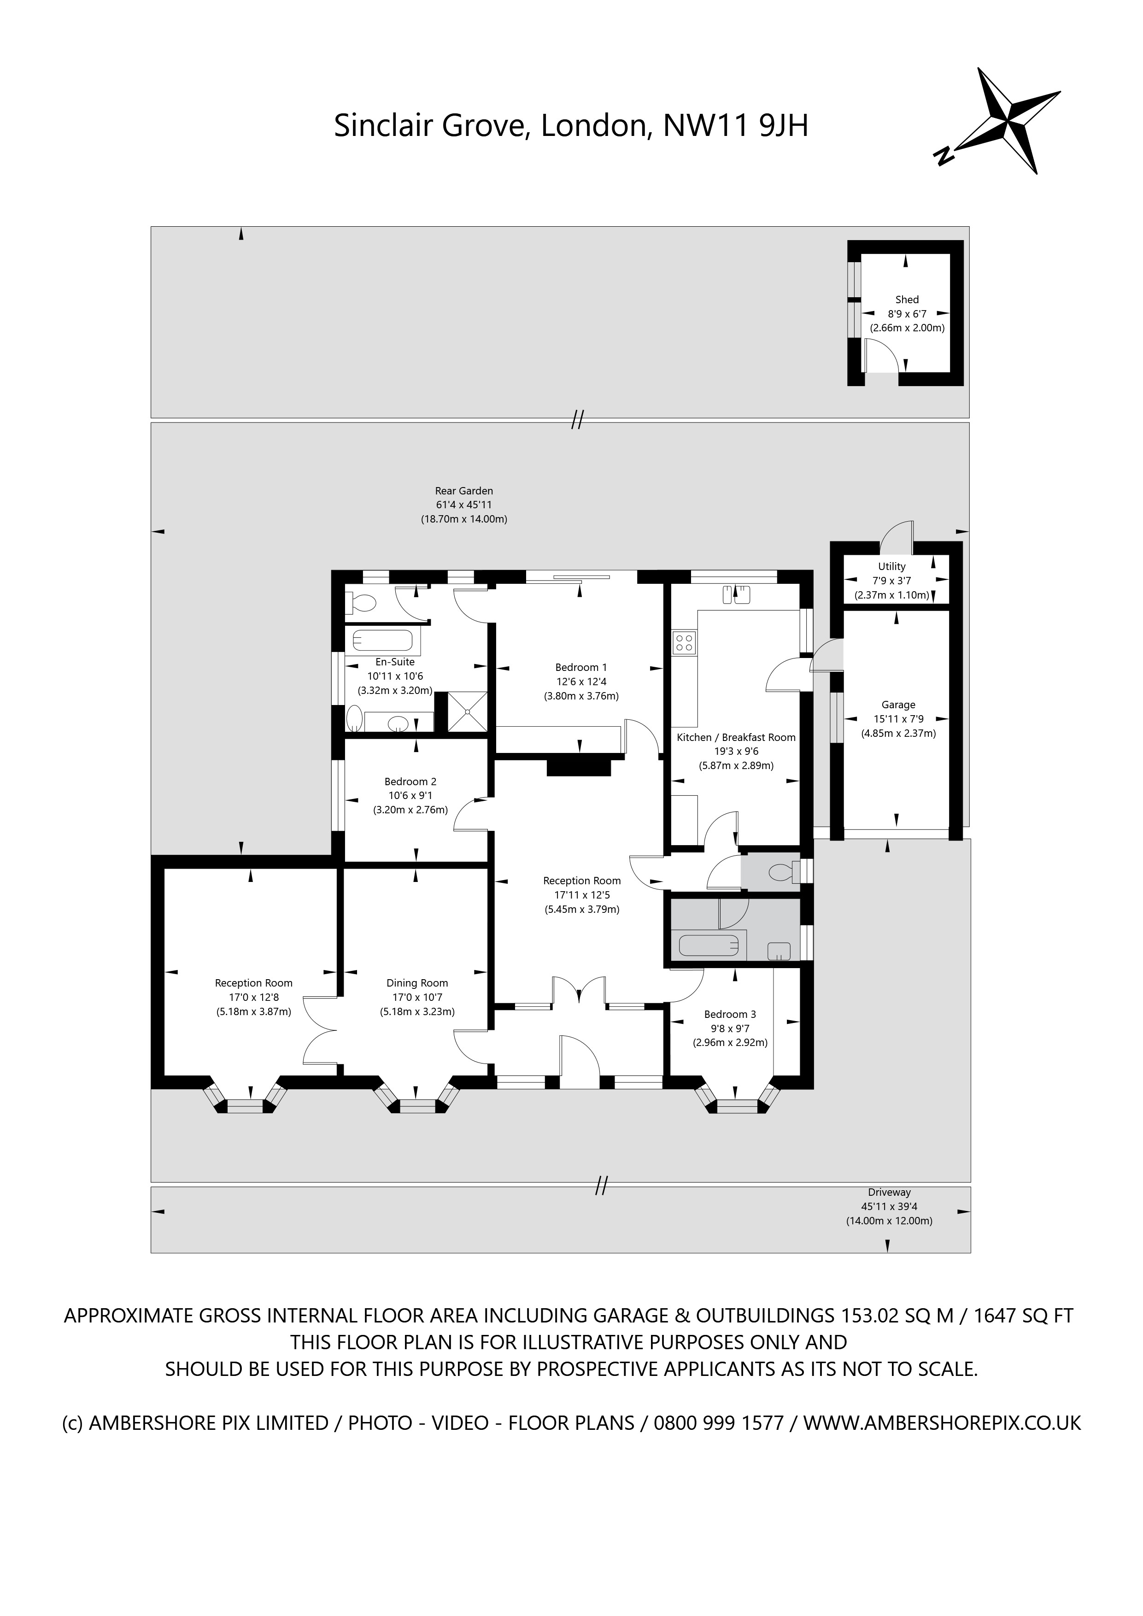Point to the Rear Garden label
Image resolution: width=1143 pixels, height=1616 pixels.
[464, 491]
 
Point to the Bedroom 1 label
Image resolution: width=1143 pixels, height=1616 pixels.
[580, 667]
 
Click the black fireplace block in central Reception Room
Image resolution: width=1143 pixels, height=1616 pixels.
[579, 764]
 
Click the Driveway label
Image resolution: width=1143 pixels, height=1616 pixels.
[889, 1192]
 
